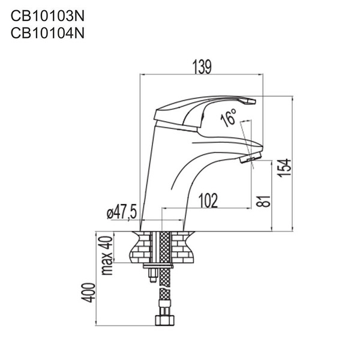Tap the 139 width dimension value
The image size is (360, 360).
202,67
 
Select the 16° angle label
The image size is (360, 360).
229,118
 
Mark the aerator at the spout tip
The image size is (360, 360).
249,158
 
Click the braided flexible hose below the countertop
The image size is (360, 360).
163,294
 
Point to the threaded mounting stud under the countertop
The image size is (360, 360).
151,275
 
